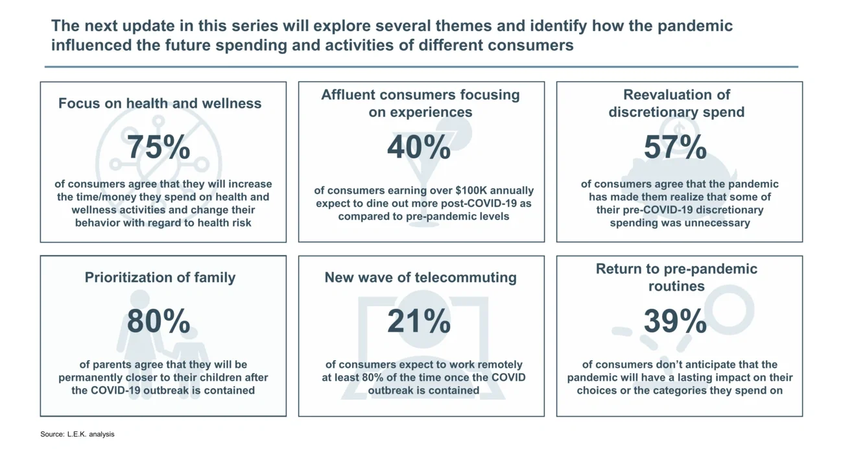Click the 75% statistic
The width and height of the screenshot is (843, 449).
click(x=159, y=147)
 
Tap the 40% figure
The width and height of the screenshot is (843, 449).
click(x=419, y=147)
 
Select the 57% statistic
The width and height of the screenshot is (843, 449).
click(x=675, y=147)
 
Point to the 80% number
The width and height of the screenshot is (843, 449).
click(x=159, y=321)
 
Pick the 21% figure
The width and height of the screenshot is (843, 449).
click(x=419, y=321)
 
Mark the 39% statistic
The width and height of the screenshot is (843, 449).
click(x=675, y=321)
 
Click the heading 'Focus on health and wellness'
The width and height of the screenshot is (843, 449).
click(x=160, y=103)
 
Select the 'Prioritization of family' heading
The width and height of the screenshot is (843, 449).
click(x=160, y=277)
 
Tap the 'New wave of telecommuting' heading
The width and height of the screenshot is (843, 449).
click(x=421, y=278)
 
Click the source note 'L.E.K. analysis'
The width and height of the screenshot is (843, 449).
click(x=91, y=434)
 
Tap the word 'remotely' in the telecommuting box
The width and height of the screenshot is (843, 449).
click(x=499, y=365)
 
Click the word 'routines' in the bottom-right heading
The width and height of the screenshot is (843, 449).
click(x=676, y=286)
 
